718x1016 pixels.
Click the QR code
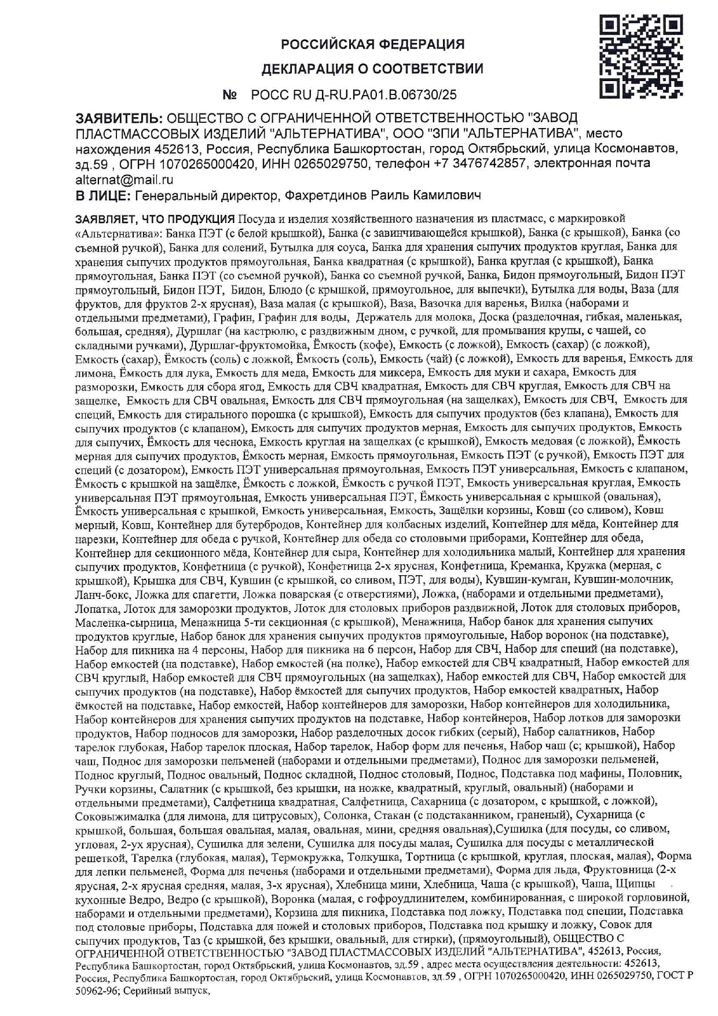(641, 56)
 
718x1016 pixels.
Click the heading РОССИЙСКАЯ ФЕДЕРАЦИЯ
(372, 45)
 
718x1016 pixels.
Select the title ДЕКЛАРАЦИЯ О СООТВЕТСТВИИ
(372, 70)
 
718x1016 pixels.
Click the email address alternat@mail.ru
(124, 180)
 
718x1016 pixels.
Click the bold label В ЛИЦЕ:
(103, 196)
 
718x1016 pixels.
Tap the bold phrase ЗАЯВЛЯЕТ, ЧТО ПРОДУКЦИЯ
(155, 219)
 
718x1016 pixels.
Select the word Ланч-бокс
(96, 594)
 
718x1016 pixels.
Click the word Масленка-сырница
(125, 622)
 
